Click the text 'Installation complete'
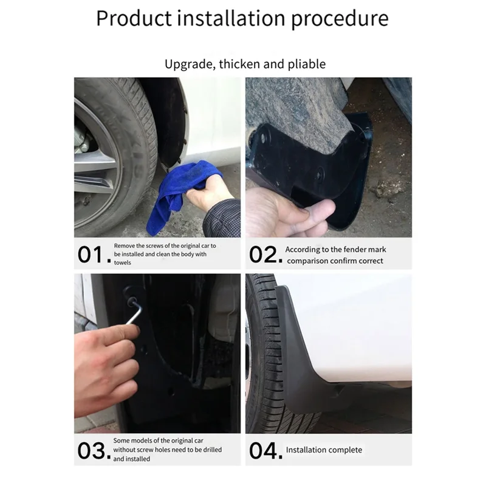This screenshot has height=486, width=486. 324,450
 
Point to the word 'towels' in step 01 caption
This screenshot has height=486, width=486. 122,263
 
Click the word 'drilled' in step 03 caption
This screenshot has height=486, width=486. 210,450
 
